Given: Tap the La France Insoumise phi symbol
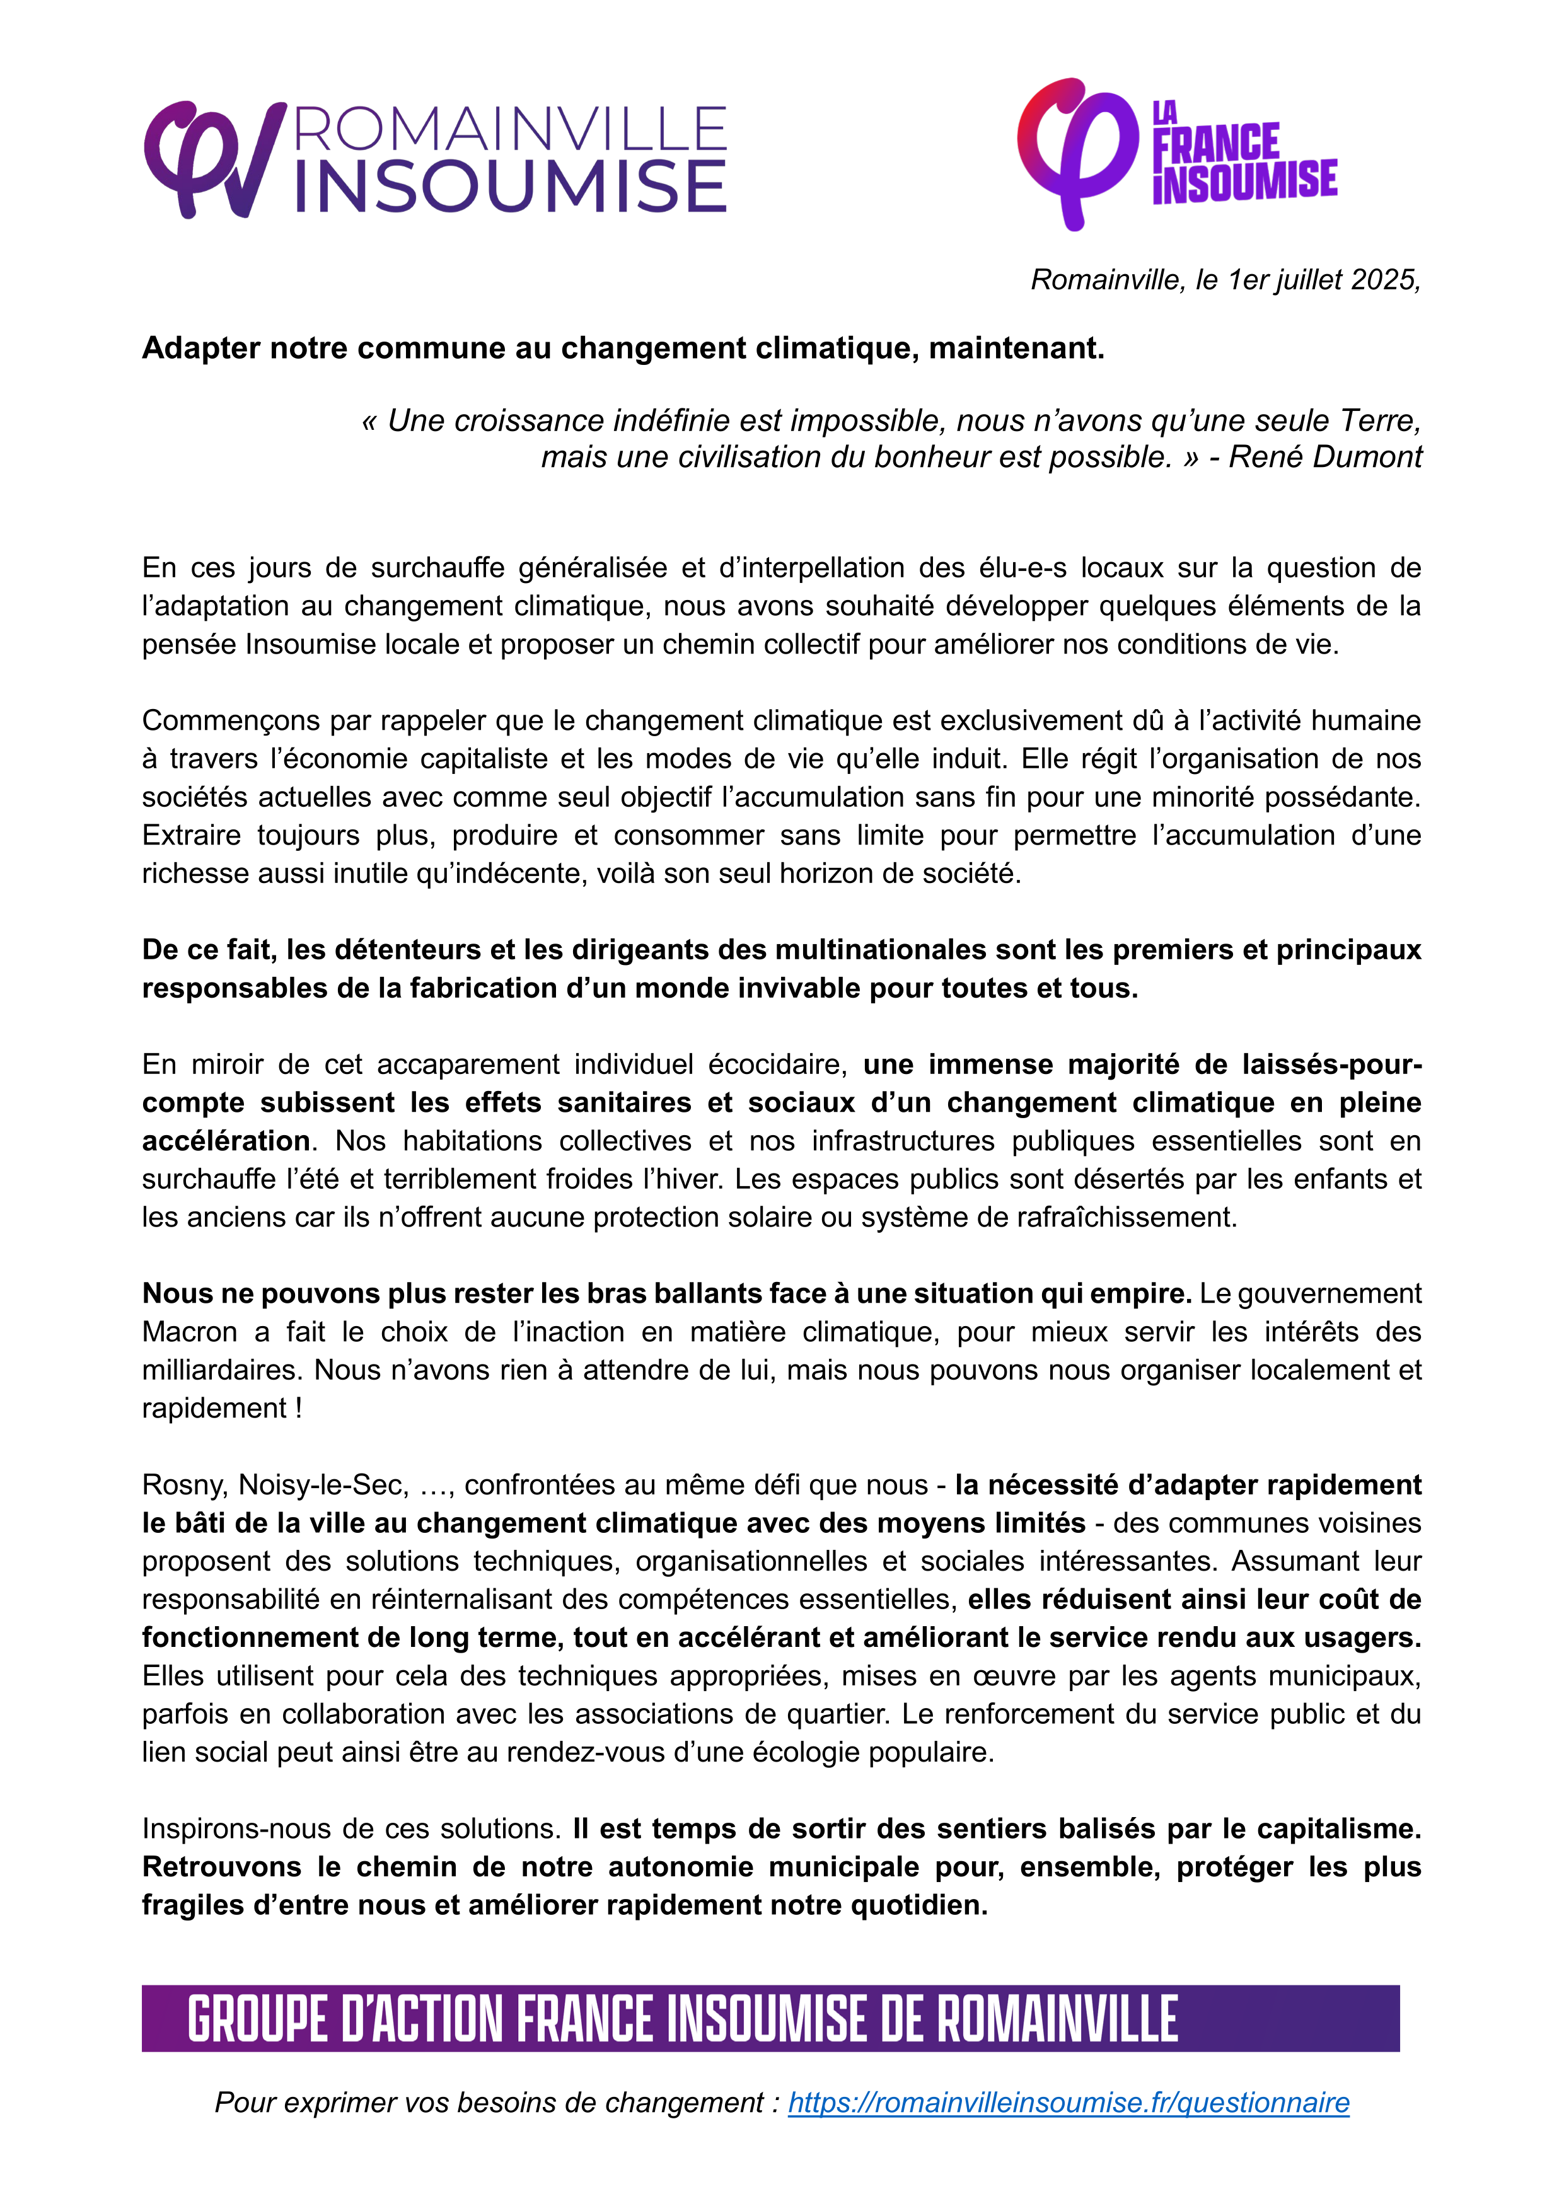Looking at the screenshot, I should point(1077,152).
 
